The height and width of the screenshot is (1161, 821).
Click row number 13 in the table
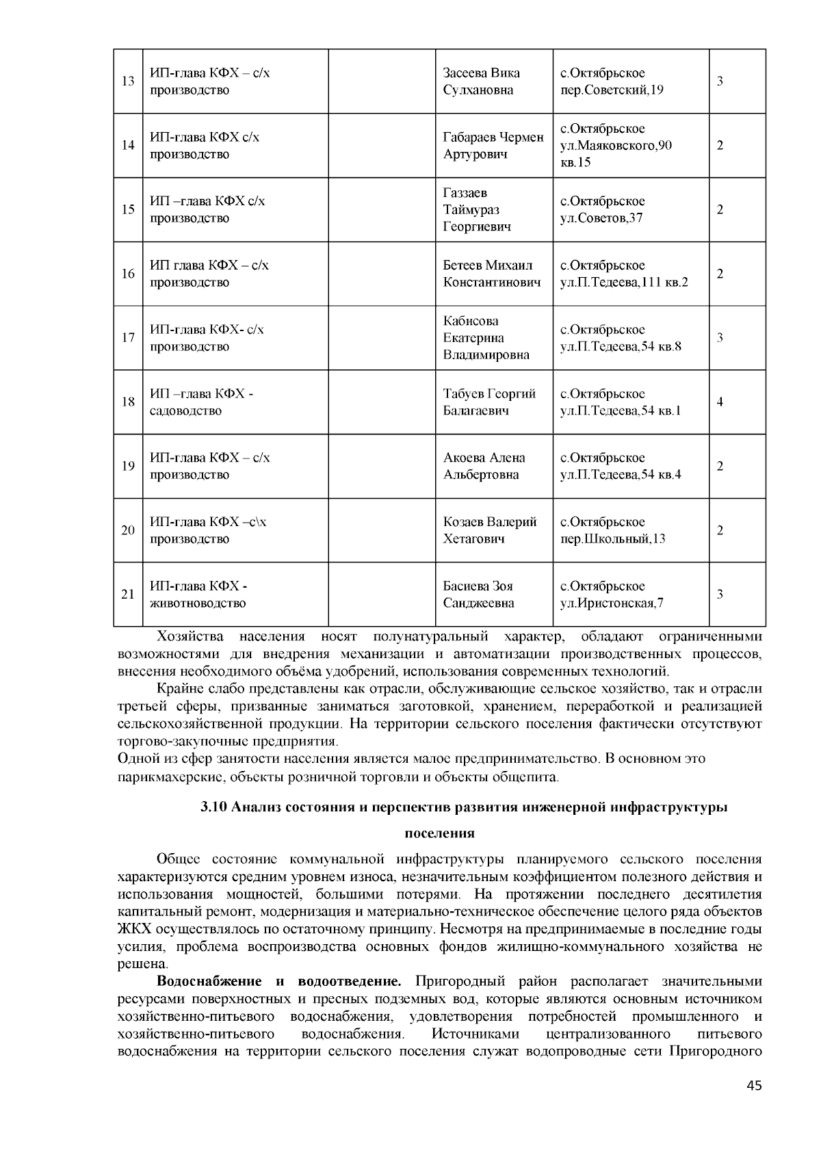(128, 81)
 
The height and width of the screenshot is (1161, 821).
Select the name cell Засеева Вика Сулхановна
(481, 81)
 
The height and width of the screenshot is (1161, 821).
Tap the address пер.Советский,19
(612, 90)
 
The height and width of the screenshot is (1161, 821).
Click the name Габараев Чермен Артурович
(493, 146)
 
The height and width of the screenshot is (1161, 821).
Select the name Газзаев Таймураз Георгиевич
(477, 209)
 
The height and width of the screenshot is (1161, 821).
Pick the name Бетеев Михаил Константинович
(491, 274)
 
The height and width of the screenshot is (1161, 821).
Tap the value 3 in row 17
(720, 338)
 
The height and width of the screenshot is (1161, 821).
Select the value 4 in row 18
(720, 402)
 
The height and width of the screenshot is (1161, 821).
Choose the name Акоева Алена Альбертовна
(484, 466)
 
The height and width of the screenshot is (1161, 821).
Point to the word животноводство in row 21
(198, 603)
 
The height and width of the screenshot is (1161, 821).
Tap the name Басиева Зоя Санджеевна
(478, 595)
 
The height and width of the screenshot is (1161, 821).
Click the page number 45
(754, 1085)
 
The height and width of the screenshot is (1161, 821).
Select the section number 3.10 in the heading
(214, 807)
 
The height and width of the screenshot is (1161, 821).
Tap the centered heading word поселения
(439, 833)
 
